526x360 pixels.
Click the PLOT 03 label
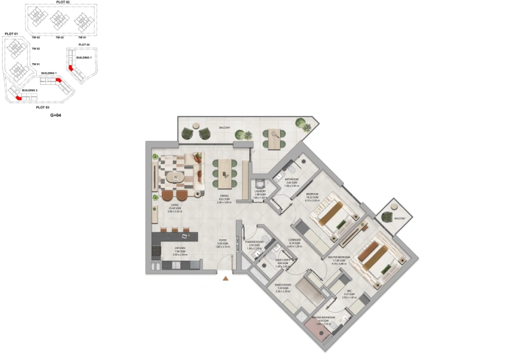click(42, 106)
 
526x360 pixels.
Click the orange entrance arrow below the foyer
click(226, 279)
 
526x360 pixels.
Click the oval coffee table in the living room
click(176, 177)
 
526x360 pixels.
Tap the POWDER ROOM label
click(254, 242)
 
